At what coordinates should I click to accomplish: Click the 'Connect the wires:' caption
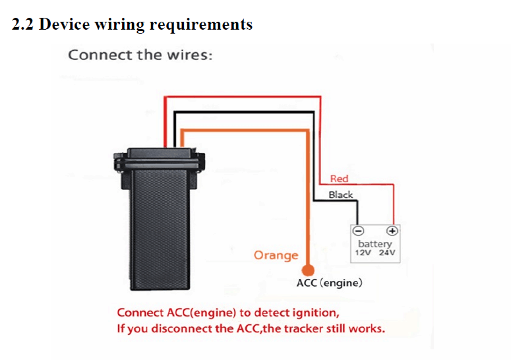[x=140, y=54]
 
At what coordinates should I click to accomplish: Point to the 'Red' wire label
[x=339, y=179]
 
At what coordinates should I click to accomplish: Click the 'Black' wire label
[x=341, y=195]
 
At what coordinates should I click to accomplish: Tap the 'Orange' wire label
[x=276, y=255]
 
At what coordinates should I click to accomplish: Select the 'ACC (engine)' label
[x=330, y=283]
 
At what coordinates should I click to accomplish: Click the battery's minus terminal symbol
[x=358, y=231]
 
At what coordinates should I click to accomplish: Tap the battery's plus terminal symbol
[x=392, y=231]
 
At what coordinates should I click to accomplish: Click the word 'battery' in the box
[x=375, y=244]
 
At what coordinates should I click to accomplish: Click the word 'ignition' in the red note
[x=315, y=313]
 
